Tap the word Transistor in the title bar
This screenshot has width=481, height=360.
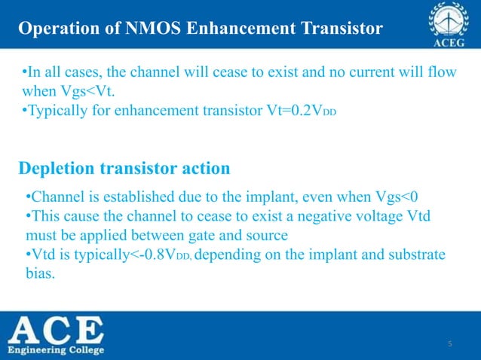click(342, 29)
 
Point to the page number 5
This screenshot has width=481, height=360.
click(449, 344)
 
